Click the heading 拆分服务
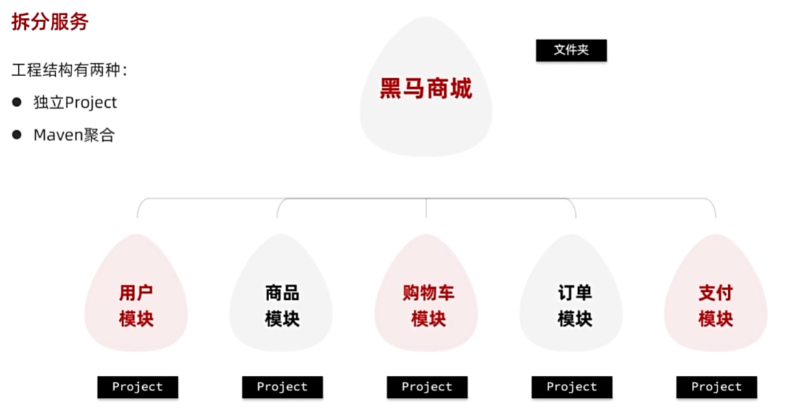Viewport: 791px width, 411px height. point(50,22)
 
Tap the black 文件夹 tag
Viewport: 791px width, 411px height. point(571,50)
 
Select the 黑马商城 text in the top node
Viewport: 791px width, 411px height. point(426,89)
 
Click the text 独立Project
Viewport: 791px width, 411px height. point(76,102)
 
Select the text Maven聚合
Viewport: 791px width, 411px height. point(74,135)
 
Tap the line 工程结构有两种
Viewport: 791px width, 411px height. point(69,70)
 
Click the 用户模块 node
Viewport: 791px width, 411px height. point(136,305)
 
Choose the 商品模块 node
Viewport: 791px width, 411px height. point(282,305)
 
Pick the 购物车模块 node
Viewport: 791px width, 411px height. point(427,305)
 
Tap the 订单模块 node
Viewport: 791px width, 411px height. point(574,305)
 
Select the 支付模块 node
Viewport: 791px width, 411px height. point(715,305)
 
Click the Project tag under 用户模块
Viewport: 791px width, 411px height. point(137,387)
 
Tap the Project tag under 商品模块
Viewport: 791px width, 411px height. point(282,387)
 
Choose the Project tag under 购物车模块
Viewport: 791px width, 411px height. point(427,387)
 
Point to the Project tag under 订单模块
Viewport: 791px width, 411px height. point(572,387)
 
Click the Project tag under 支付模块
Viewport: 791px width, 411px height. point(717,387)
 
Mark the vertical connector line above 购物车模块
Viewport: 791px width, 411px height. point(426,208)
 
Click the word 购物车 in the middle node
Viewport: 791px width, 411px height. point(428,293)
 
